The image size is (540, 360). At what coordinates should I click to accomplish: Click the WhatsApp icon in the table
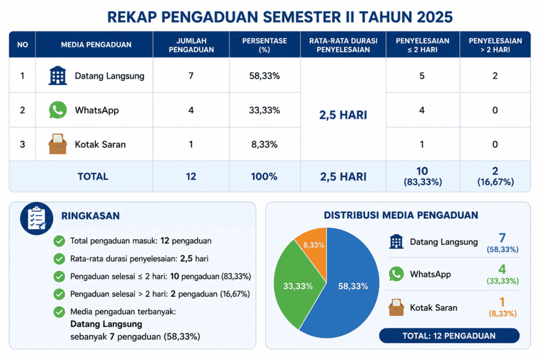pos(57,110)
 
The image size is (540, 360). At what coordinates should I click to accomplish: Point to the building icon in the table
pos(57,75)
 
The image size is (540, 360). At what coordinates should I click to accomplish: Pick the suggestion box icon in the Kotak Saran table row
pos(57,144)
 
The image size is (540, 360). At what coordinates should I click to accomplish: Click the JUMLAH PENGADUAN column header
pos(191,45)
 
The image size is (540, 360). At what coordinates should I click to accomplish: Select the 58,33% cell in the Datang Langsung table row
pos(265,76)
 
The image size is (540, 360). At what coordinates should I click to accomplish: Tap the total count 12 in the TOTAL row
pos(191,177)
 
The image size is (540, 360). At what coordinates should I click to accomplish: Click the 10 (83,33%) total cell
pos(422,176)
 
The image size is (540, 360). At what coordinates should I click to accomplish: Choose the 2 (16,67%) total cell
pos(495,176)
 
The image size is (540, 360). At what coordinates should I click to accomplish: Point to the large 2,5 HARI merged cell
pos(343,115)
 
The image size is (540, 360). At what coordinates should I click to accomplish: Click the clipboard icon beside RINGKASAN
pos(36,219)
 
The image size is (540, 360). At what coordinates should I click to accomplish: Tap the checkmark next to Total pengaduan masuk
pos(59,241)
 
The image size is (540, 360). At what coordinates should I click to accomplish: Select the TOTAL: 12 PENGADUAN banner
pos(449,336)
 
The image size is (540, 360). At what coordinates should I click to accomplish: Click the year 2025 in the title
pos(435,17)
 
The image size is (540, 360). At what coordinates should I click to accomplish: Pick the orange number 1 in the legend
pos(502,302)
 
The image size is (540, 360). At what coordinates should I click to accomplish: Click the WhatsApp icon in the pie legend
pos(397,274)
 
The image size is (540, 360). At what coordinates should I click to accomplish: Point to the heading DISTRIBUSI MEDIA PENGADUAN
pos(401,215)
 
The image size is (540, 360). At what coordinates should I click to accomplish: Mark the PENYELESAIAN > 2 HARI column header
pos(495,45)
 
